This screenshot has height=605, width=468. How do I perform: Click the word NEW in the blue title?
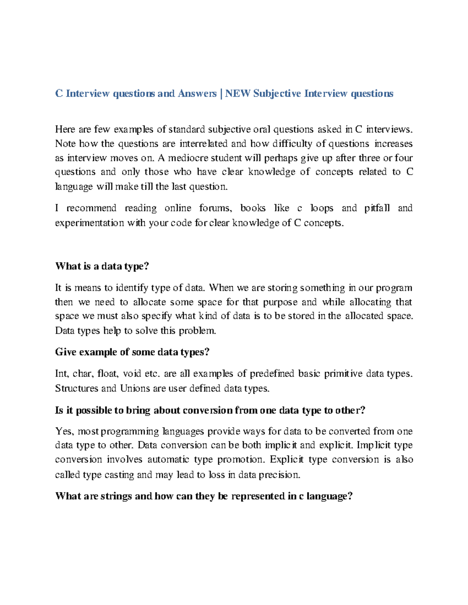(x=238, y=93)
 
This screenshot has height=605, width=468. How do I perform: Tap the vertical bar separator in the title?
(x=221, y=93)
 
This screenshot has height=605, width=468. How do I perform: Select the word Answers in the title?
(x=197, y=93)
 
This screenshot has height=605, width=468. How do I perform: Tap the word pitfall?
(x=377, y=208)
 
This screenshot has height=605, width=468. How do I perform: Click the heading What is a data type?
(x=102, y=266)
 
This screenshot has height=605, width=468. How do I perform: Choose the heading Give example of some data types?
(x=132, y=352)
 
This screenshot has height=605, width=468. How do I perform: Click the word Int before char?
(x=62, y=374)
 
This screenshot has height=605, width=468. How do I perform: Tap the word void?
(x=132, y=374)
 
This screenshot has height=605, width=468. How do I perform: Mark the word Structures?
(x=76, y=388)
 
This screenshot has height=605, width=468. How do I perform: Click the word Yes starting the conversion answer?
(x=64, y=431)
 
